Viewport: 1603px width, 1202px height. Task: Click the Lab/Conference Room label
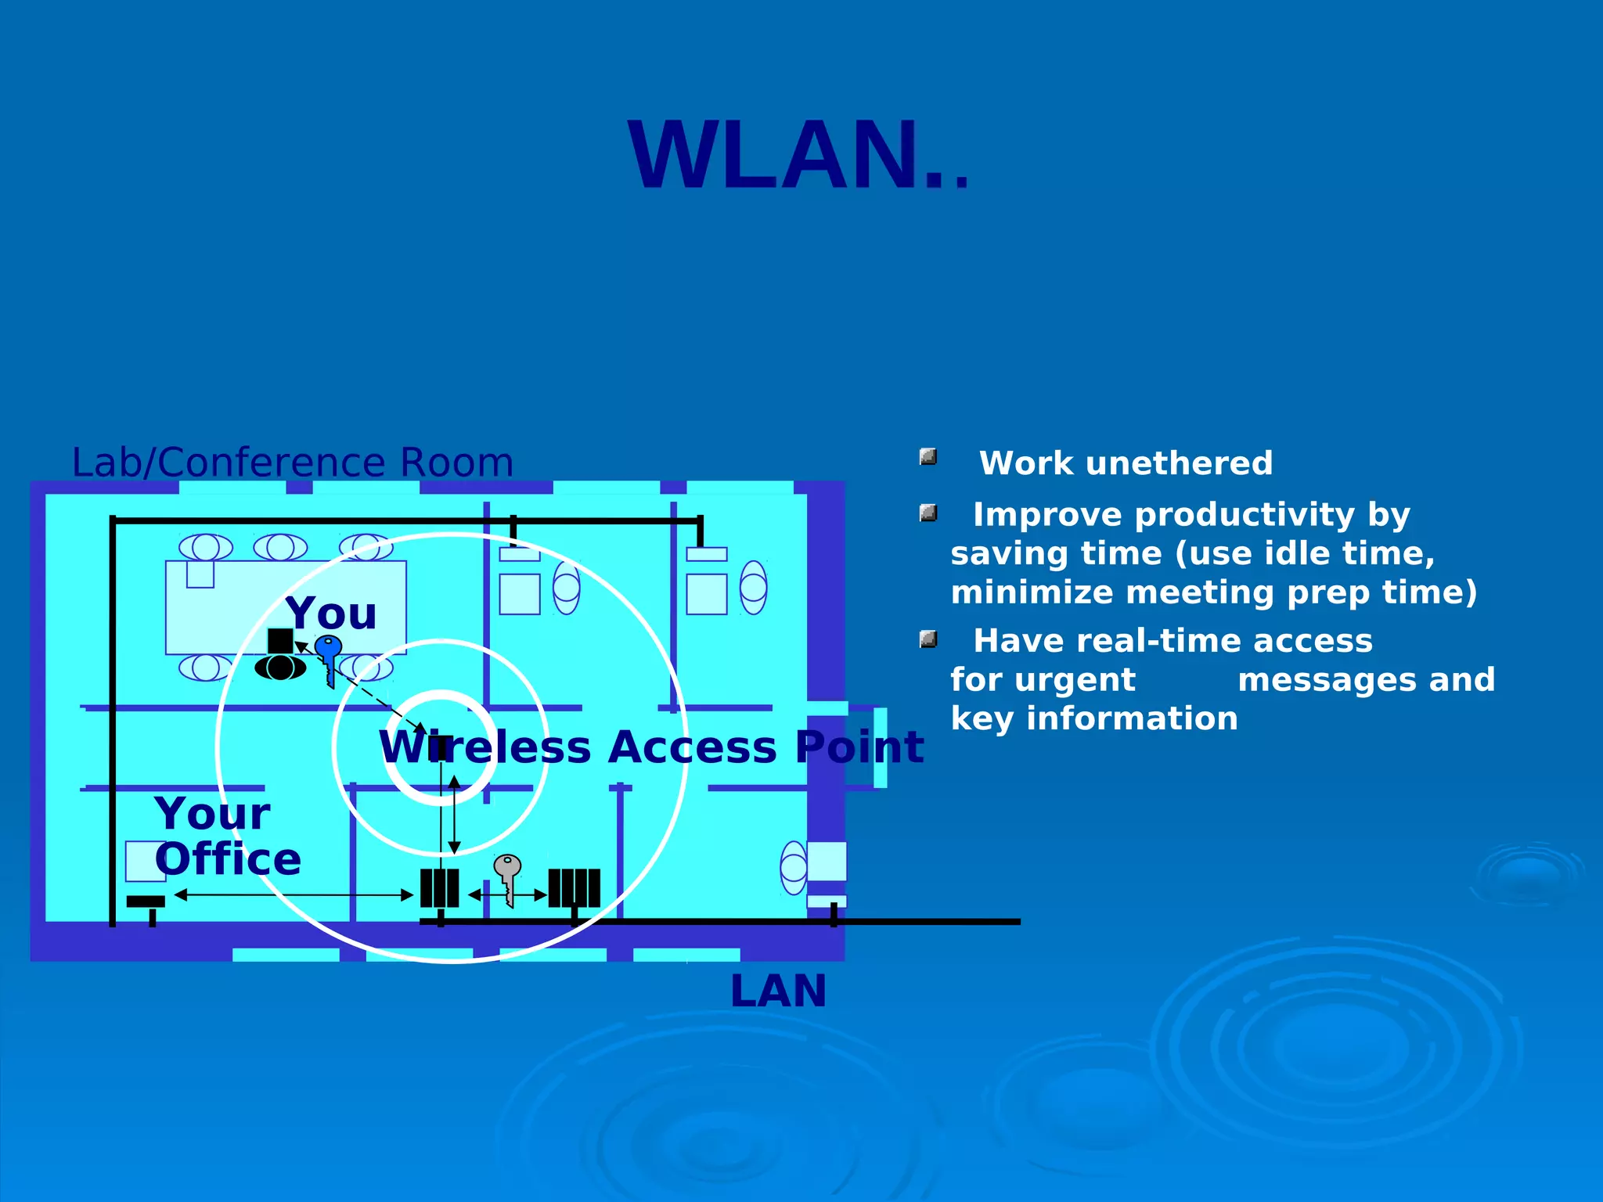click(x=292, y=462)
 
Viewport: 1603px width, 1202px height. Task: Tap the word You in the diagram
click(x=331, y=613)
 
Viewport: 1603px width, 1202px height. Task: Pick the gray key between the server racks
click(x=508, y=876)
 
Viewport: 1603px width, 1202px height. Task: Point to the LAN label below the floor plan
click(x=778, y=991)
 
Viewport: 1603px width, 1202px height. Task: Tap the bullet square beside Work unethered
click(x=928, y=457)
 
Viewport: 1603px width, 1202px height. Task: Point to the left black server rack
click(x=439, y=888)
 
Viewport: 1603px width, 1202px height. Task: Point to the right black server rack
click(x=574, y=888)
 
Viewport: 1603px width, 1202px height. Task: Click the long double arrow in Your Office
click(x=294, y=894)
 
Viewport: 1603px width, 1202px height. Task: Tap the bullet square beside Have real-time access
click(x=928, y=639)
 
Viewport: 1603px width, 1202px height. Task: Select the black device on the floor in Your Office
click(x=146, y=902)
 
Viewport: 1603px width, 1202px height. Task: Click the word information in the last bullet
click(x=1132, y=718)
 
